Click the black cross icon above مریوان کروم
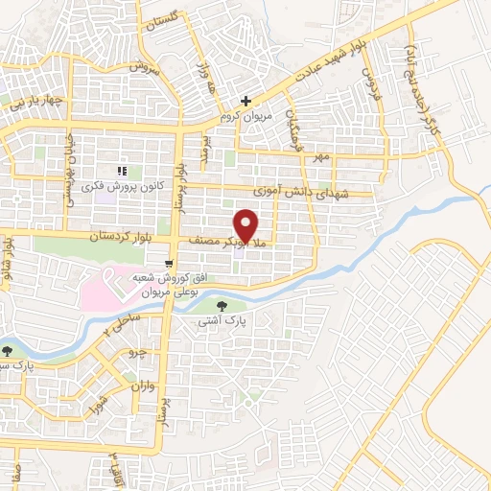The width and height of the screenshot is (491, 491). (x=246, y=100)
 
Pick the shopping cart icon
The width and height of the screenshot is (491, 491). (x=170, y=261)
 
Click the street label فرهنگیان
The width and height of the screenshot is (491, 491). (x=298, y=125)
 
